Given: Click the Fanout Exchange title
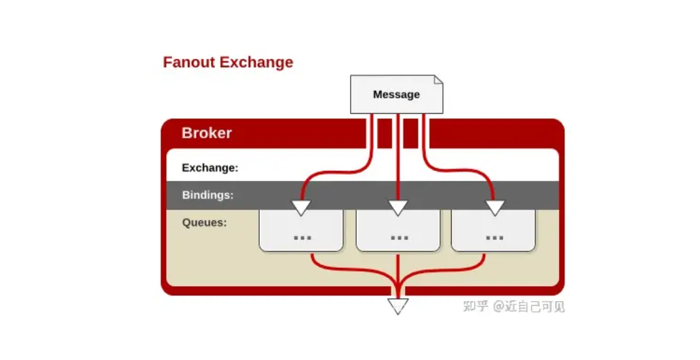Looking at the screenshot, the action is pos(228,62).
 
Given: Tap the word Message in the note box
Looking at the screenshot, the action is pos(396,94).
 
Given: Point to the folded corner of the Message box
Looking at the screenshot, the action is pos(438,80).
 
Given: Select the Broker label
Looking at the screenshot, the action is pos(207,133).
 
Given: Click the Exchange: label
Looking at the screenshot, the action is pos(210,167).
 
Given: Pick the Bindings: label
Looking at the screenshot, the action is pos(208,195).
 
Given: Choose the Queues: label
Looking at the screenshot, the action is pos(204,222).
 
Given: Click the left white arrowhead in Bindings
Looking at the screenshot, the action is pos(301,207).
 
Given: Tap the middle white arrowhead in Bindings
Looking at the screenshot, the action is pos(397,207).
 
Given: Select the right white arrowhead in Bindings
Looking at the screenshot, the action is pos(494,207).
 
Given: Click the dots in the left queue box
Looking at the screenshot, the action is pos(303,237).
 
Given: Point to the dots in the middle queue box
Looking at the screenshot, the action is pos(399,237).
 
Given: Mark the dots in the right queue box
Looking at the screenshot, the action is pos(494,237).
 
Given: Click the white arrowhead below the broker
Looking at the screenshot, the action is pos(397,306).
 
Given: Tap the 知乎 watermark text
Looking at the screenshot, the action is pos(475,306).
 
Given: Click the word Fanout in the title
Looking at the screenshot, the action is pos(189,62).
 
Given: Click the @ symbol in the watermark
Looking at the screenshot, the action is pos(499,306).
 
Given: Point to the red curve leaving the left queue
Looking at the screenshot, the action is pos(348,269).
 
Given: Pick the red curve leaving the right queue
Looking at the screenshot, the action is pos(446,269).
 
